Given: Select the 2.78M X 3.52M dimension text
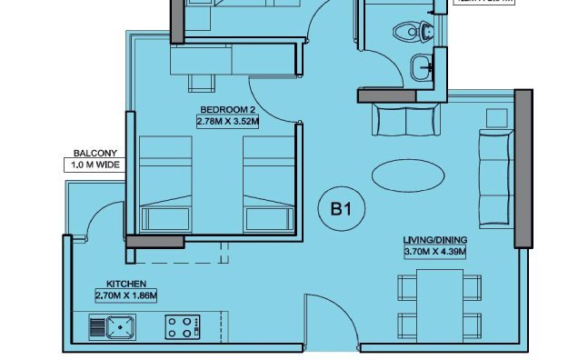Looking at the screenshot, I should point(228,119).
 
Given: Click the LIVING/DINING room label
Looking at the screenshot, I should point(435,240).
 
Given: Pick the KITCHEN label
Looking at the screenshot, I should point(126,284).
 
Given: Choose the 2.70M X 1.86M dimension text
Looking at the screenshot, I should point(126,295).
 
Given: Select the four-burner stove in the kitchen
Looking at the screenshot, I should point(183,326).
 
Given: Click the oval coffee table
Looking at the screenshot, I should point(409,175).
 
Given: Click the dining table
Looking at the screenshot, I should point(439,305).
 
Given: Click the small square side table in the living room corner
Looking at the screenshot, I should point(496,116).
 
